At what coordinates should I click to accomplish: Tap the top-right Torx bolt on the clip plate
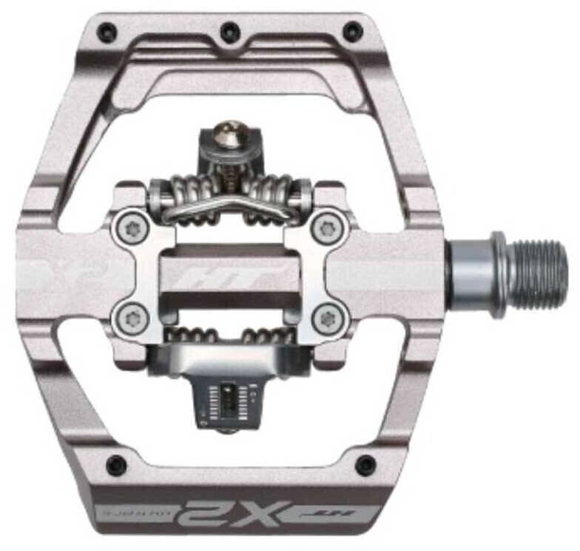tap(323, 227)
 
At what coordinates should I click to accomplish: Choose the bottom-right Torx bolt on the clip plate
tap(324, 319)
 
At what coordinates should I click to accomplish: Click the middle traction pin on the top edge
tap(230, 32)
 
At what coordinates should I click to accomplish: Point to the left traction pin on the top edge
tap(108, 32)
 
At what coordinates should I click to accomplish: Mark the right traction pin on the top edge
tap(353, 32)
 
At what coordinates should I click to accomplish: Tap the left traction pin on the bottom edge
tap(116, 465)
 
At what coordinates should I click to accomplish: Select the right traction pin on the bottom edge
tap(365, 465)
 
